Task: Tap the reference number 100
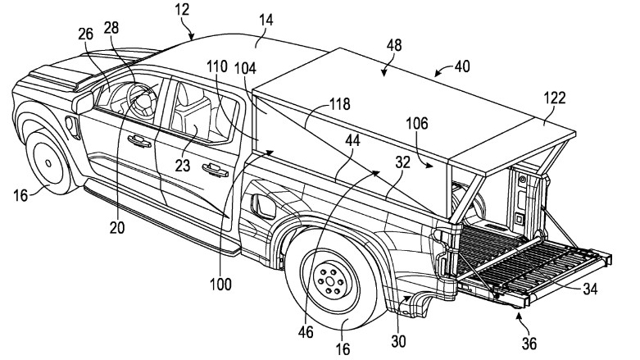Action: (220, 284)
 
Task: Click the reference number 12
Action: (182, 10)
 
